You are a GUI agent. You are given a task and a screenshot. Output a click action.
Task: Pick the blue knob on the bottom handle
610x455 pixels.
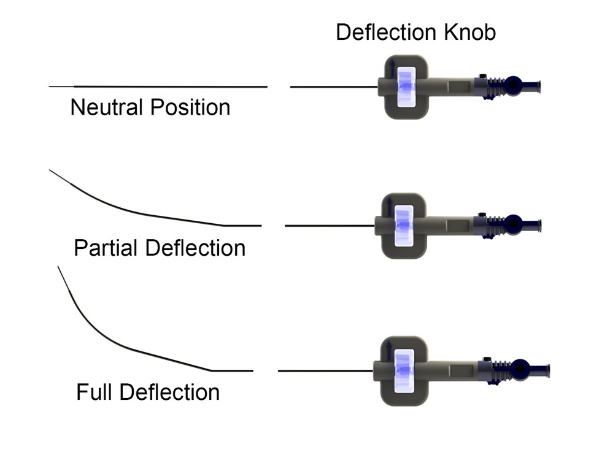tap(404, 370)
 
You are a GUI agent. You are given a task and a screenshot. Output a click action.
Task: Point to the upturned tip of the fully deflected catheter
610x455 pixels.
tap(58, 267)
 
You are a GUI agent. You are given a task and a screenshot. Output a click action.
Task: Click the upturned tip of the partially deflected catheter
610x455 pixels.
tap(50, 170)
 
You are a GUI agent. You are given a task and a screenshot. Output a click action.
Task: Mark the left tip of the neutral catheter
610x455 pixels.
tap(50, 86)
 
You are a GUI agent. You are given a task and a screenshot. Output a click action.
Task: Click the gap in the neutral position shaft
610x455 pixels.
tap(279, 86)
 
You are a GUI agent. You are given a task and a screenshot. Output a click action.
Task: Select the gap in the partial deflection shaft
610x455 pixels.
tap(273, 226)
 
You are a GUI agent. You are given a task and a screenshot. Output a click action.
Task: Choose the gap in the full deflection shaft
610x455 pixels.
tap(265, 370)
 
